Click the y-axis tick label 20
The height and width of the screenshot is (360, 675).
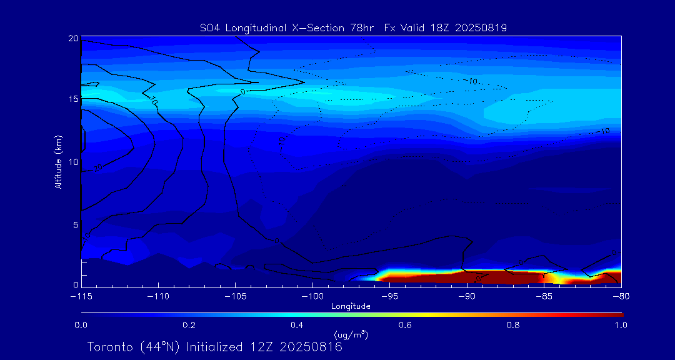pos(73,39)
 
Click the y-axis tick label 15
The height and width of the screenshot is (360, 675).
pos(73,100)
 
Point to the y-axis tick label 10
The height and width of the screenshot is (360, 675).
pos(73,162)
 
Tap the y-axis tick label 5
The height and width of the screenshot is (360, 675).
pos(75,224)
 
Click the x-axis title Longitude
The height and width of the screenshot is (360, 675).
pos(351,306)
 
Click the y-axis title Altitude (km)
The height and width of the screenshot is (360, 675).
pos(59,162)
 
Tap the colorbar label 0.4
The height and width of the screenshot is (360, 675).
pos(297,325)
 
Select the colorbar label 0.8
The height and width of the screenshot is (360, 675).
pos(513,325)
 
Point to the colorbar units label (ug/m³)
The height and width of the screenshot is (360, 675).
pos(351,336)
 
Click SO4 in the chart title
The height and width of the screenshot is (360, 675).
pos(209,27)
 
